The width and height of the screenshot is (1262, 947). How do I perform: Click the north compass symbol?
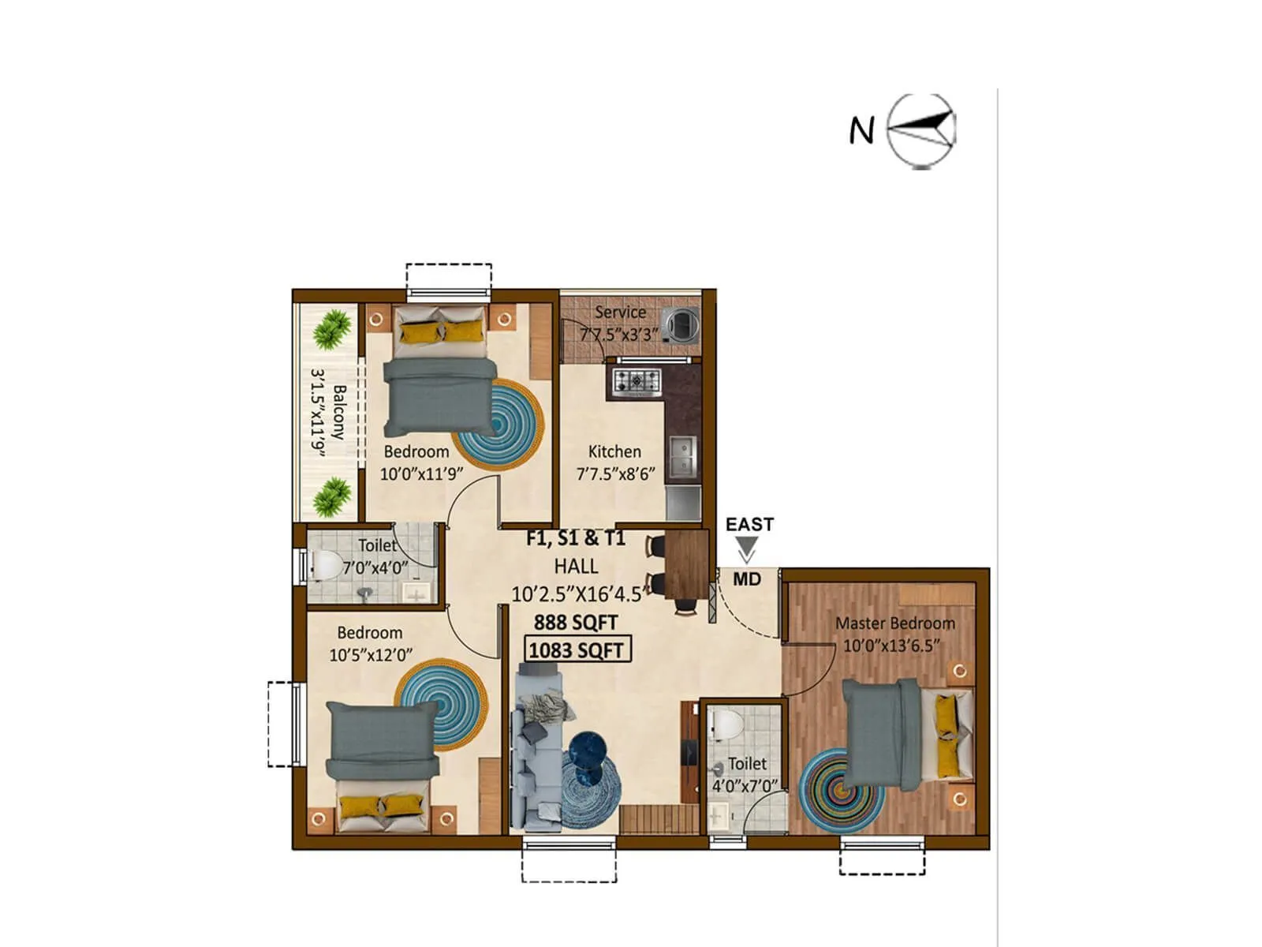point(920,130)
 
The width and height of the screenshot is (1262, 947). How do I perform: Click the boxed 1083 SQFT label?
point(577,650)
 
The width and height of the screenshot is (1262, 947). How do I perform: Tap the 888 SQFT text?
point(575,623)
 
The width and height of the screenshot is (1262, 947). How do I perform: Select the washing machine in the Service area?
point(680,323)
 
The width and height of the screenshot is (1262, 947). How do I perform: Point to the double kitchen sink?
point(681,456)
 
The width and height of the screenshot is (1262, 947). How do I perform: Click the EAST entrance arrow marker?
point(746,548)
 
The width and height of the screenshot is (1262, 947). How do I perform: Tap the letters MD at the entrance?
point(746,579)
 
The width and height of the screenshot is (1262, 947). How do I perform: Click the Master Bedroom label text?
point(895,623)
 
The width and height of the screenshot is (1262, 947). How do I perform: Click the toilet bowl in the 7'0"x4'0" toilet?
point(326,565)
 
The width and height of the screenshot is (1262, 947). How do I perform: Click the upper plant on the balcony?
point(331,329)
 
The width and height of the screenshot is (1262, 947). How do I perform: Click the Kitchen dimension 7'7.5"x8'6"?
point(615,474)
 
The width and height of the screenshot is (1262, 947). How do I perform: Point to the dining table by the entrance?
point(685,564)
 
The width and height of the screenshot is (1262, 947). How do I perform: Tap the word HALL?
point(576,566)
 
